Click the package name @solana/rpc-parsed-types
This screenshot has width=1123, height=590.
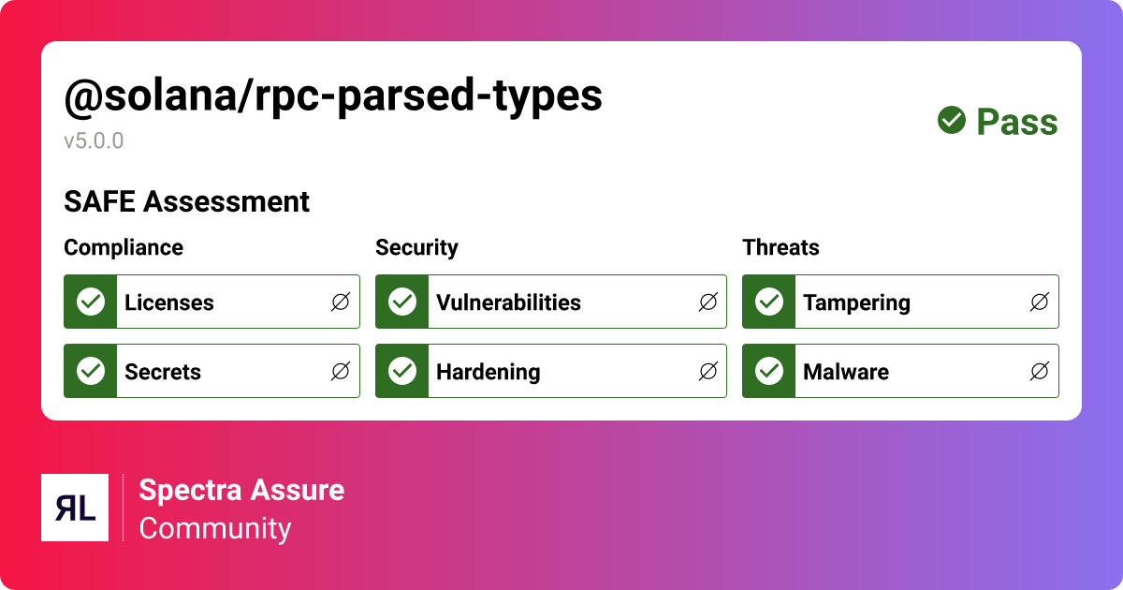pos(333,97)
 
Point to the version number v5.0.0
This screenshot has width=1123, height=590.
pos(94,141)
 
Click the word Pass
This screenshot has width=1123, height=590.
pos(1017,122)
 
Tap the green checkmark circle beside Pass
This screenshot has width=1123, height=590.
pos(952,120)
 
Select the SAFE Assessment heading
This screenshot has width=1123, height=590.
pos(186,201)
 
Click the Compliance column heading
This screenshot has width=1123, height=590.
pos(124,247)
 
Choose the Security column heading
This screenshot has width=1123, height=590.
pos(416,247)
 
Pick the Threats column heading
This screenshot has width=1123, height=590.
pos(780,247)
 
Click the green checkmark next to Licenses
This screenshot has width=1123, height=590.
pos(91,302)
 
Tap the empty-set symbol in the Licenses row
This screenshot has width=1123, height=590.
pos(341,302)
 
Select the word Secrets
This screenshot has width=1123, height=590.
pos(163,372)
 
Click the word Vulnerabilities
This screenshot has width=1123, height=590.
pos(508,302)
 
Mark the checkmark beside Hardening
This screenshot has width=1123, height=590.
pos(402,371)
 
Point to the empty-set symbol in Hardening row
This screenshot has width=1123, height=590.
pos(708,372)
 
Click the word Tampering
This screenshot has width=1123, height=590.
pos(856,302)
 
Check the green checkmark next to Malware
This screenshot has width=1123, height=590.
pos(769,371)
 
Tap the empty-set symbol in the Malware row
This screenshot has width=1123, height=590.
pos(1039,372)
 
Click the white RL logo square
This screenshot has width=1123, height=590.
pos(75,508)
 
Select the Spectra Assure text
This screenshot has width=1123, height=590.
pos(241,490)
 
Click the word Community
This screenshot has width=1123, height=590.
pos(215,528)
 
